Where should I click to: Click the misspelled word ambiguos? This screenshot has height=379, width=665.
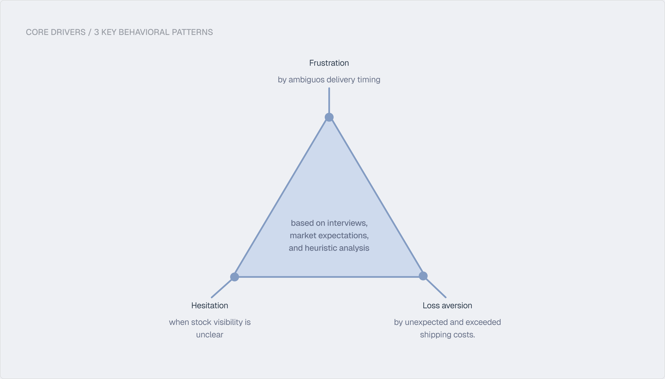[306, 80]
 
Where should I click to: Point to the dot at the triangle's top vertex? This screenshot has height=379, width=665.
[329, 117]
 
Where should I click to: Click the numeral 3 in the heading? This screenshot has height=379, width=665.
[96, 32]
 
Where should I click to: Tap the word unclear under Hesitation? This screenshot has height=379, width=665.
[210, 335]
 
